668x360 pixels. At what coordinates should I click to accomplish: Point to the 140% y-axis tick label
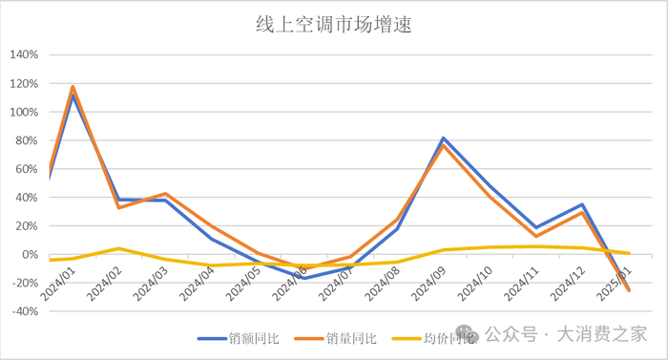coord(23,54)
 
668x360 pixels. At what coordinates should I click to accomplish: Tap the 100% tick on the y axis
coord(23,112)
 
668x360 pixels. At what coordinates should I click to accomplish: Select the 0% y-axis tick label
coord(29,255)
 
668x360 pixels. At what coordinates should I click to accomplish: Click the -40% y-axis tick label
coord(23,312)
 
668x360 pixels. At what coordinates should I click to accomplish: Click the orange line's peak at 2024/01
coord(73,87)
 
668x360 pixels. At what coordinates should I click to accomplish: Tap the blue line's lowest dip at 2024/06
coord(304,278)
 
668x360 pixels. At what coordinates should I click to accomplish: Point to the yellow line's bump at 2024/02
coord(118,248)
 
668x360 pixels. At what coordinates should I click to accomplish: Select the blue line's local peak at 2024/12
coord(583,204)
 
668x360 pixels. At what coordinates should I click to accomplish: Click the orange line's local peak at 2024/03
coord(165,194)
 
